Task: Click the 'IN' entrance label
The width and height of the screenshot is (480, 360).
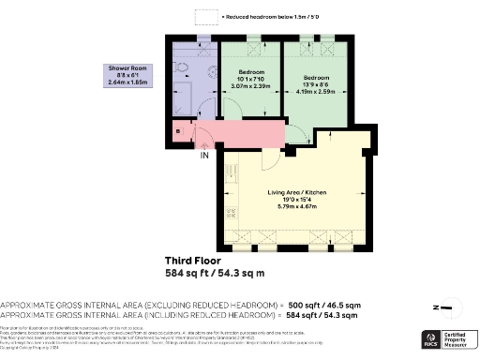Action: point(203,156)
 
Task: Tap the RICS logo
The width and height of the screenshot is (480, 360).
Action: point(432,338)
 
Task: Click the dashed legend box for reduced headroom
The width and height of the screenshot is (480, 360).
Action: point(203,17)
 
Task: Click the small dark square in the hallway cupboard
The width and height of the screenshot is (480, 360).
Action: point(178,131)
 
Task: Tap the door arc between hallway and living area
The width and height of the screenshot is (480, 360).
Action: point(270,157)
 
